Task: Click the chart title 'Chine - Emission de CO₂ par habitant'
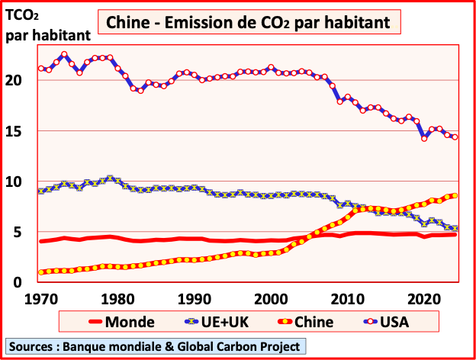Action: pyautogui.click(x=248, y=23)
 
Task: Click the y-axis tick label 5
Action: pyautogui.click(x=22, y=233)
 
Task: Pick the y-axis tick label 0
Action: pyautogui.click(x=22, y=283)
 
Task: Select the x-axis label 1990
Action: pyautogui.click(x=194, y=297)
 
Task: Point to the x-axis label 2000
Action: pyautogui.click(x=270, y=297)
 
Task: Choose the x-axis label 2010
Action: pyautogui.click(x=347, y=297)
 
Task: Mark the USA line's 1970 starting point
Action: pyautogui.click(x=41, y=68)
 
